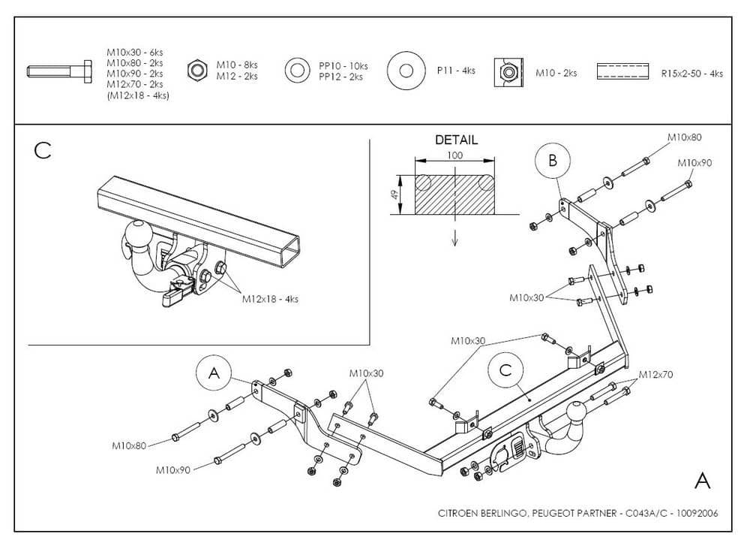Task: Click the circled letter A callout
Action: (x=214, y=373)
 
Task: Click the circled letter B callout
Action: (x=553, y=160)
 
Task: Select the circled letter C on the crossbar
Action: (x=505, y=370)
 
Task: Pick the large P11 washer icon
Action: (x=406, y=71)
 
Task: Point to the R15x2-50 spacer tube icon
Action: (x=622, y=72)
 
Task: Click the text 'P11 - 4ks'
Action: (x=456, y=71)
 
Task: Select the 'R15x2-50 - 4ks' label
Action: (x=691, y=74)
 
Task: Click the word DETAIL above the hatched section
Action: (x=456, y=140)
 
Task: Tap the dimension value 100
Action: (x=455, y=155)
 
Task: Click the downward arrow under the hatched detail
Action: (x=455, y=237)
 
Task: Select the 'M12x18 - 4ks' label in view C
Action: (x=270, y=298)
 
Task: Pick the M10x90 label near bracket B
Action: (x=695, y=162)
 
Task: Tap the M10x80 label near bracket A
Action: (x=130, y=445)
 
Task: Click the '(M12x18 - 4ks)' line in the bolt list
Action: (x=137, y=96)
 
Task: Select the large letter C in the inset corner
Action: (x=43, y=150)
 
